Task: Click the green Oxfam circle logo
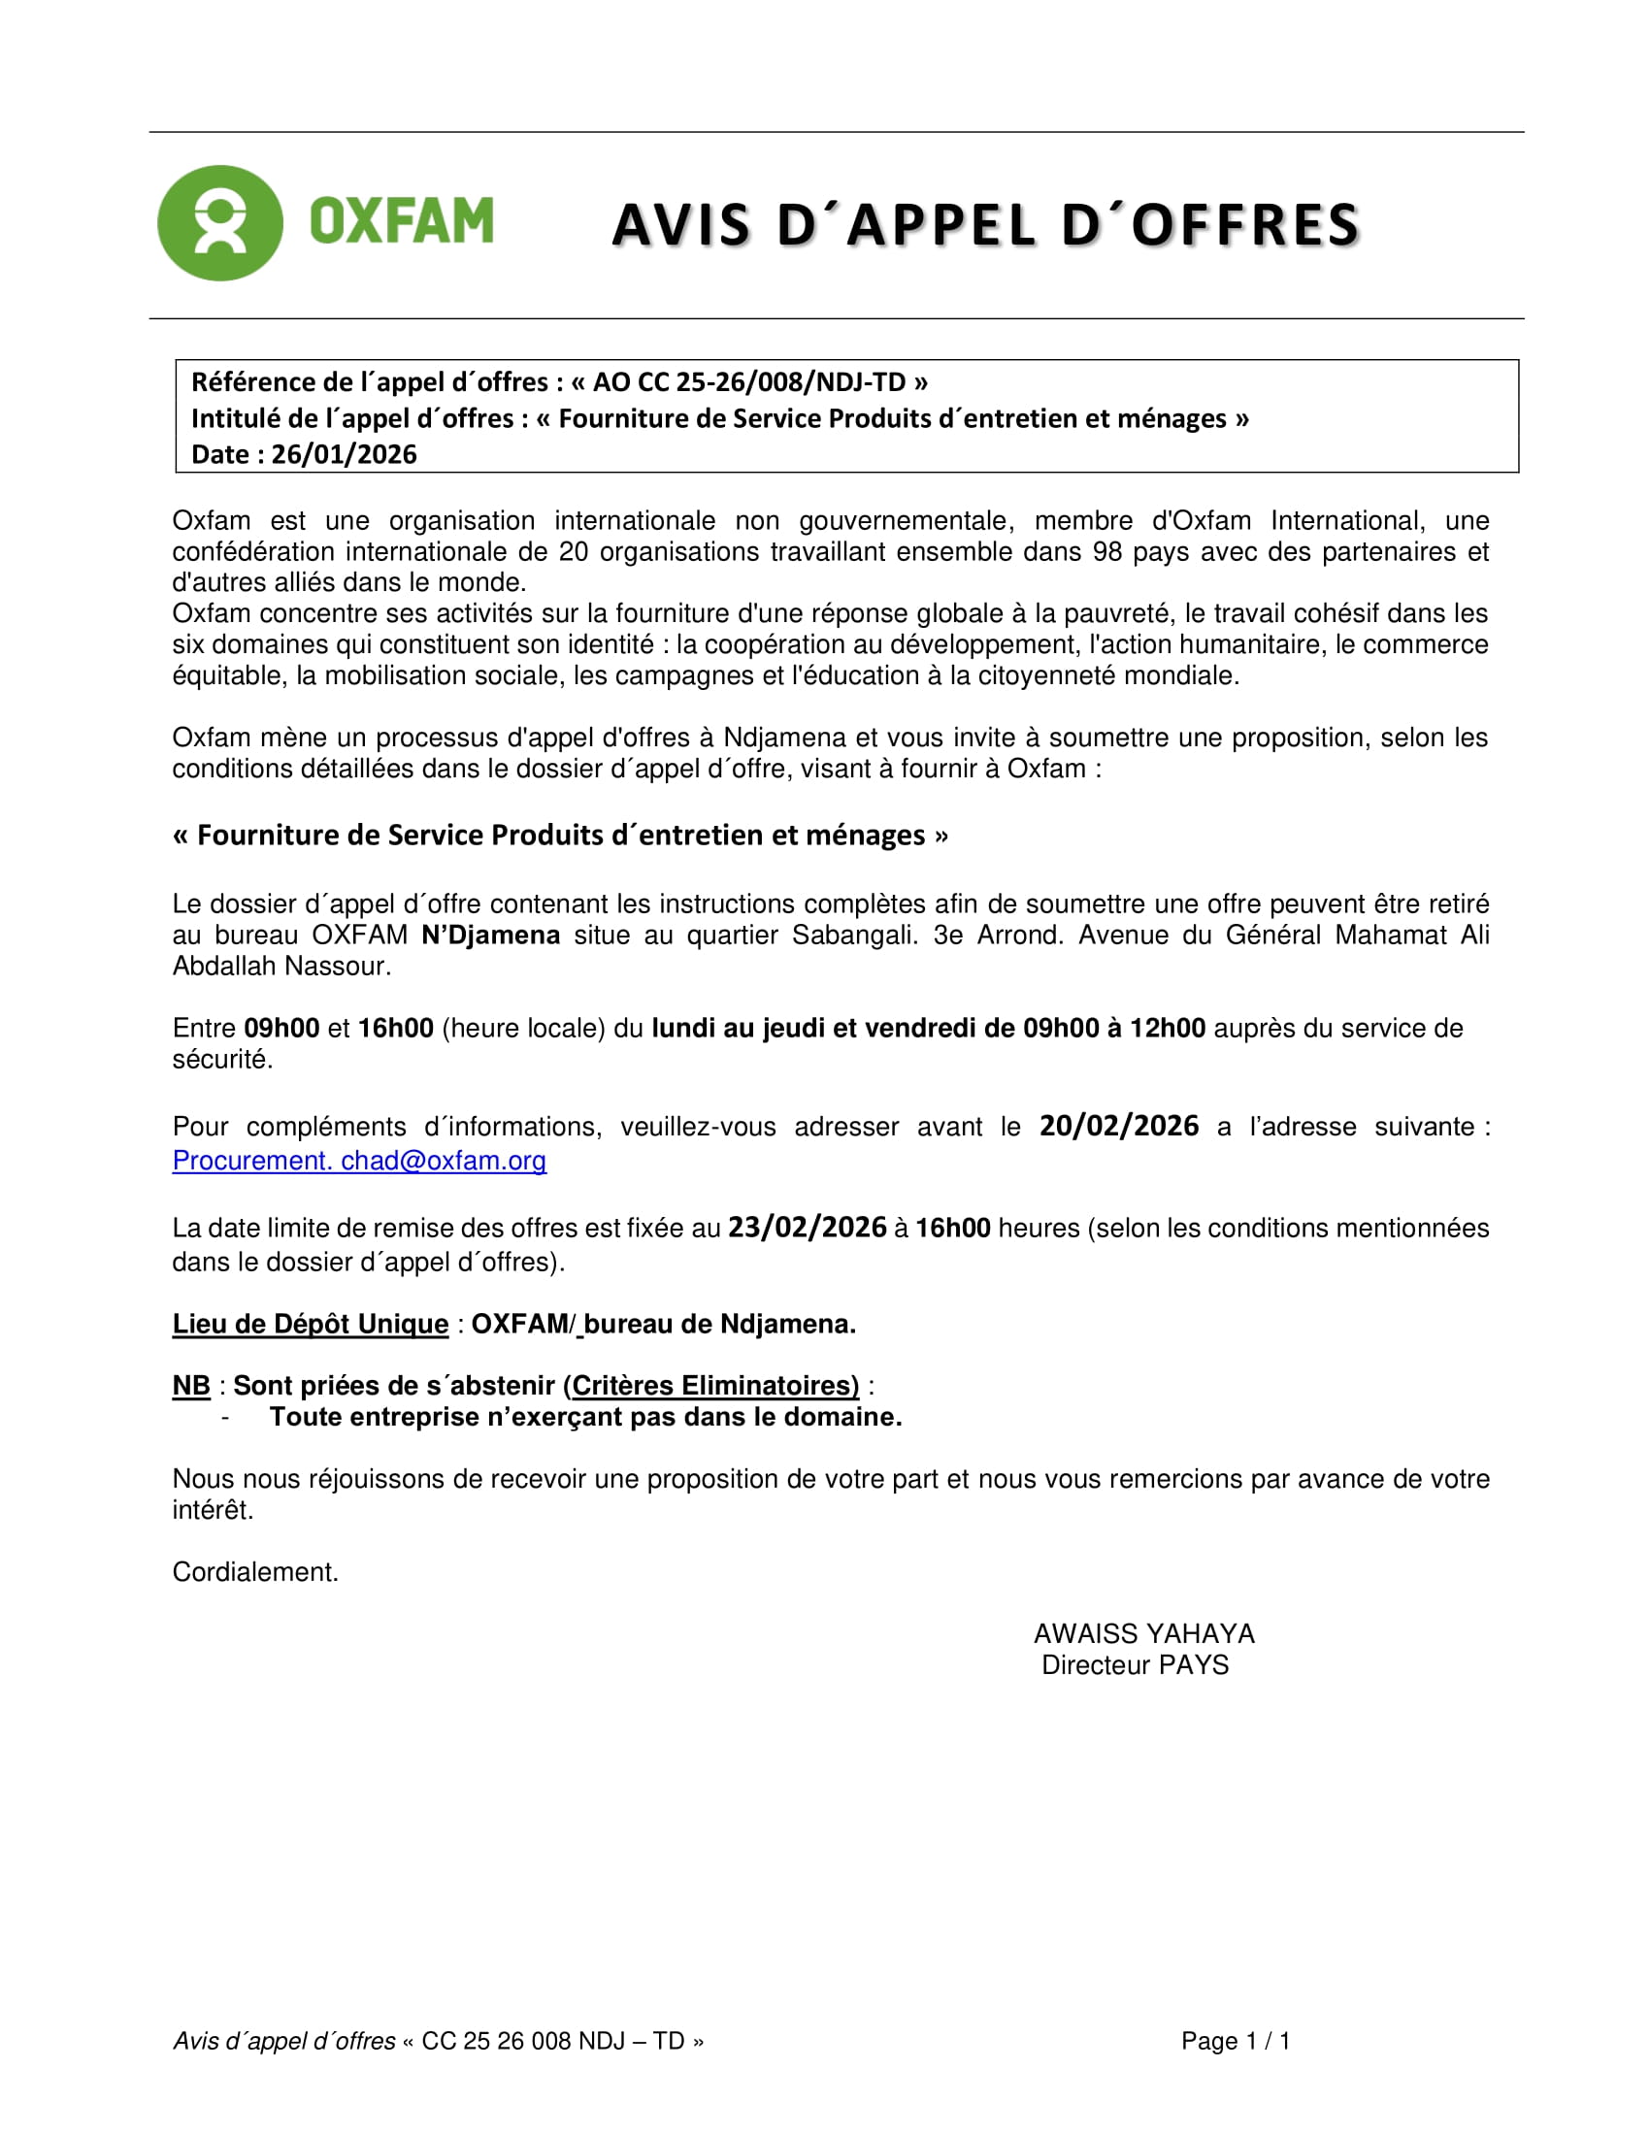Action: tap(220, 223)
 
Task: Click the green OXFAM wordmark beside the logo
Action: tap(402, 221)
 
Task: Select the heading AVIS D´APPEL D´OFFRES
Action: tap(985, 225)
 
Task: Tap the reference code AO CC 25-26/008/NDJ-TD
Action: tap(749, 382)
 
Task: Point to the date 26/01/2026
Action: tap(345, 454)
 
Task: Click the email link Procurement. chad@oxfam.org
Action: tap(359, 1161)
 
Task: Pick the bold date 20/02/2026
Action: tap(1118, 1126)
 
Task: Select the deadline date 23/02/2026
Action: tap(808, 1228)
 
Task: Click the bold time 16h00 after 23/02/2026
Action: tap(952, 1229)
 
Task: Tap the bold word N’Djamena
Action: tap(491, 936)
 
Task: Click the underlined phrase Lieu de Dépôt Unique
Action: tap(310, 1324)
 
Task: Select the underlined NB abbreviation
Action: tap(191, 1385)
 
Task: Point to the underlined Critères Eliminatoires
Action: tap(714, 1385)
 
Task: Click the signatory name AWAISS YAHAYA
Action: tap(1143, 1633)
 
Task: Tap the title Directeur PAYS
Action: tap(1135, 1664)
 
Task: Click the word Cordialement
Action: tap(255, 1572)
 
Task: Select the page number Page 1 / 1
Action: tap(1236, 2041)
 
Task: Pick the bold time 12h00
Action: tap(1167, 1029)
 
